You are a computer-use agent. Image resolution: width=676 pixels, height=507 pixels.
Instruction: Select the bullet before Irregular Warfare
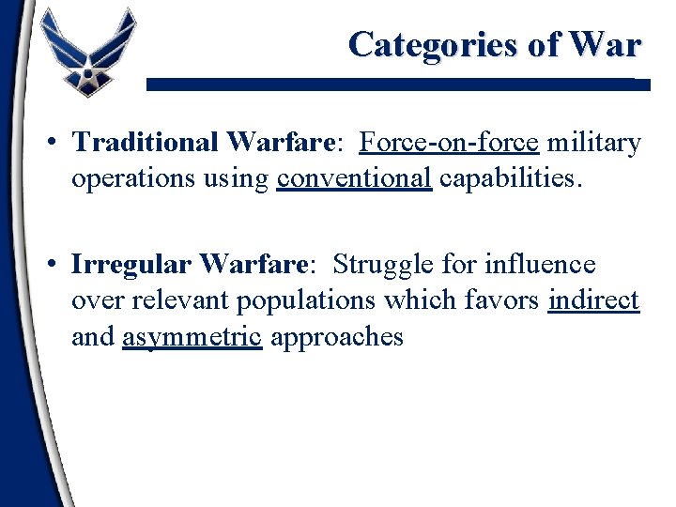pos(57,264)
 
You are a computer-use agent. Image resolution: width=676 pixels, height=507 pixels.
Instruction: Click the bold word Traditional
pos(146,142)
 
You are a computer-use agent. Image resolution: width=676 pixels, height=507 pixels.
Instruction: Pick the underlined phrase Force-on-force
pos(449,142)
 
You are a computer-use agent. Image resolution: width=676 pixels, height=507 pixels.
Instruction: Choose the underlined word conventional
pos(355,178)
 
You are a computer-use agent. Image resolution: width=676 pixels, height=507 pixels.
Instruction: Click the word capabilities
pos(511,178)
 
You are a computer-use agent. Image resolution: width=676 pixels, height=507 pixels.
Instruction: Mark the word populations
pos(305,301)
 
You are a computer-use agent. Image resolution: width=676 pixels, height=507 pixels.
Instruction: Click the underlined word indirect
pos(593,301)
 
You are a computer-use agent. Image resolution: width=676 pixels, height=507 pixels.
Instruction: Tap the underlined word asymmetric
pos(192,337)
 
